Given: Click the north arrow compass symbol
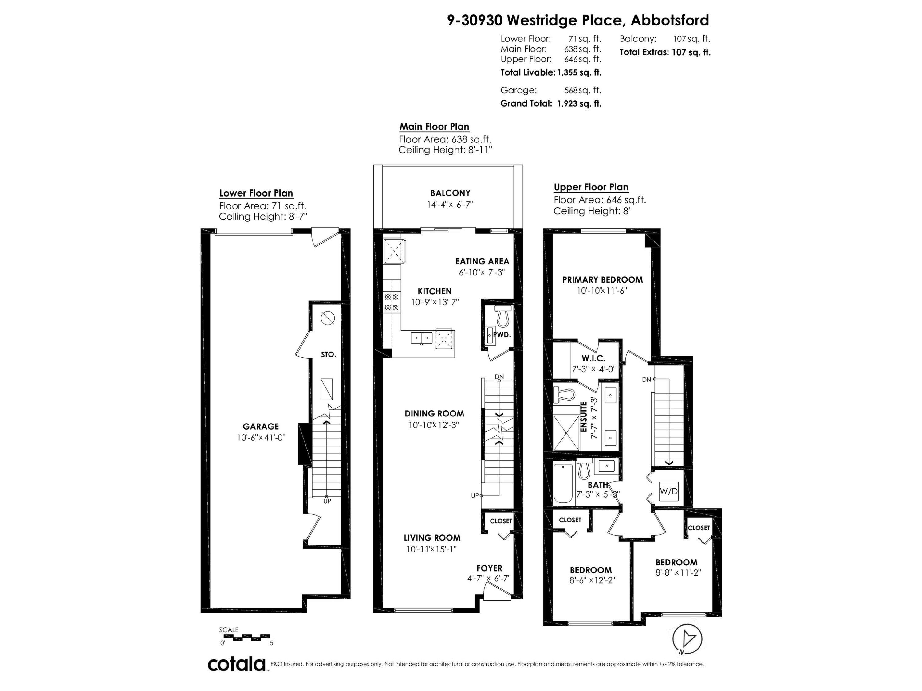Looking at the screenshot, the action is tap(687, 639).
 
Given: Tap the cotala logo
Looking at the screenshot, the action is tap(237, 664).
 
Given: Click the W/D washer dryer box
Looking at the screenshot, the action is tap(668, 491).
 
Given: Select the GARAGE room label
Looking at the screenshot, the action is tap(261, 427).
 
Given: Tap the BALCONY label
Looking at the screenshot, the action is tap(450, 193).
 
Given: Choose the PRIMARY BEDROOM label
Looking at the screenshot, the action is tap(602, 280).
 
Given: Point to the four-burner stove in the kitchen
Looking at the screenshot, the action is tap(392, 303).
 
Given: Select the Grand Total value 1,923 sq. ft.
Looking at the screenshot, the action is tap(579, 104).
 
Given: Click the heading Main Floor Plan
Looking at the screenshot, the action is tap(434, 127).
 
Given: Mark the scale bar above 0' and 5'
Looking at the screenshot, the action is tap(245, 637).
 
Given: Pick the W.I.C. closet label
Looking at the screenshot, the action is tap(593, 358).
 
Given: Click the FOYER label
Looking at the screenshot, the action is tap(489, 568).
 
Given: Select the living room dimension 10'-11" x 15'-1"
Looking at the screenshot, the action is tap(431, 549).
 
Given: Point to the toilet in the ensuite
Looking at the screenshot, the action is tap(564, 394).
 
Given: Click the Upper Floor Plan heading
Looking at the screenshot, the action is tap(591, 187).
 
